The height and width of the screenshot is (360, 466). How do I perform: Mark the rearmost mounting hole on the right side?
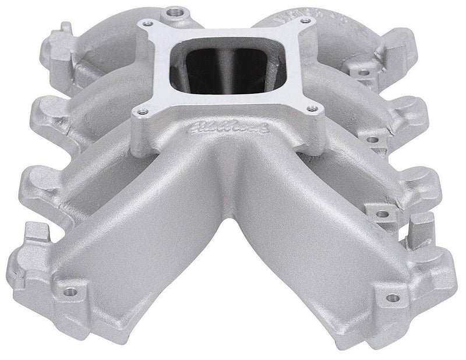coord(363,73)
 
